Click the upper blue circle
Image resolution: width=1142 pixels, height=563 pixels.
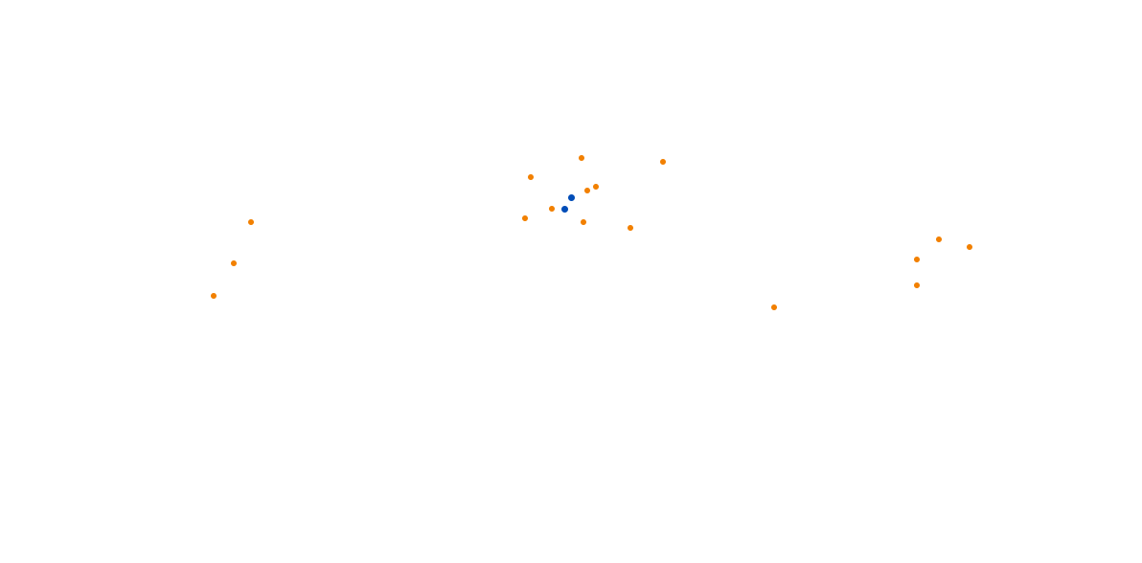pos(571,198)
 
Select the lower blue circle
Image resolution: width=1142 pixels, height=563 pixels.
pos(564,209)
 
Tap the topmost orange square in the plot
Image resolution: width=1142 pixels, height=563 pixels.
pos(582,158)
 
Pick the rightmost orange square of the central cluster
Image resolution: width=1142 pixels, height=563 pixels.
pos(663,162)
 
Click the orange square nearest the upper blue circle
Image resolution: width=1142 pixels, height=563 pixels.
pos(587,191)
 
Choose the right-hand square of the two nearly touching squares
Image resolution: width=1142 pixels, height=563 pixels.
pos(596,187)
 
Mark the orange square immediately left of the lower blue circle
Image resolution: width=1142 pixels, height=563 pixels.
pos(552,209)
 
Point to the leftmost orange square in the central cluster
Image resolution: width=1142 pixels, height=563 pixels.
pos(525,218)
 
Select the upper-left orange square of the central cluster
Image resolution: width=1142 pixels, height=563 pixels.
pos(531,177)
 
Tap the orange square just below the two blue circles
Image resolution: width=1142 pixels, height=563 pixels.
pos(583,222)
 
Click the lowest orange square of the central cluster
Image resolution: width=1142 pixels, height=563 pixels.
pos(630,228)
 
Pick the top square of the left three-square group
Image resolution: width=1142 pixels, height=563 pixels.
pos(251,222)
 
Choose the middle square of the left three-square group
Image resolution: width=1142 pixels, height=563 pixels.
pos(234,263)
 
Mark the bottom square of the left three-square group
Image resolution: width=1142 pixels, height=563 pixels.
pos(214,296)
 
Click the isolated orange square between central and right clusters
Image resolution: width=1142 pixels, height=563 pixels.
pos(774,307)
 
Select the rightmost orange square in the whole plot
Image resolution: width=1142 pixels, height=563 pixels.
pos(970,247)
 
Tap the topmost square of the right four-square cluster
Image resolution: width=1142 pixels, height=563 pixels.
pos(939,239)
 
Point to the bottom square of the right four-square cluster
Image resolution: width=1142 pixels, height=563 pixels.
pos(917,285)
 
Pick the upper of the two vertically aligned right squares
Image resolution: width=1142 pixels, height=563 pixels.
pos(917,259)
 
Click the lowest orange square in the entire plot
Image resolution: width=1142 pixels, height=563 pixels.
pos(774,307)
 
